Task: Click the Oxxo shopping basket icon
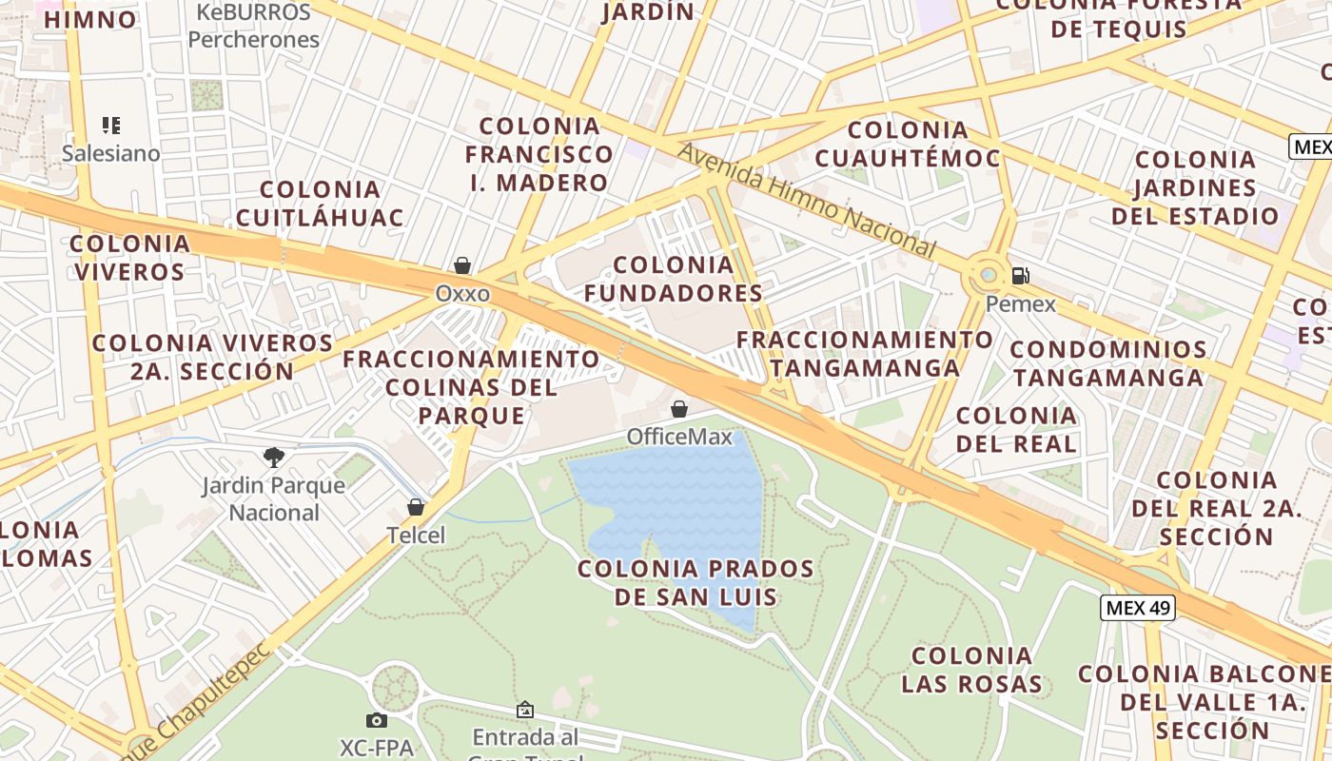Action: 462,265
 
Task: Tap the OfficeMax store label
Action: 679,437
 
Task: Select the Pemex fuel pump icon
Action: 1020,277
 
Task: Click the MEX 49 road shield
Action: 1138,608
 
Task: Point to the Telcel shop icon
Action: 416,507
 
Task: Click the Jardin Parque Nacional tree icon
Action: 274,458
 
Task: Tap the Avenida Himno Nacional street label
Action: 807,200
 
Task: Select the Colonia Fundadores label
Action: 674,279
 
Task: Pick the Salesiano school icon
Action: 111,126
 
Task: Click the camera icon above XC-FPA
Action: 377,721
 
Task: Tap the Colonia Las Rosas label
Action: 971,670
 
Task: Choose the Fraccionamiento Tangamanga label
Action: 865,353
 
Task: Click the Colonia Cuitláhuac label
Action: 320,204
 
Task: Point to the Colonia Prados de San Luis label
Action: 695,583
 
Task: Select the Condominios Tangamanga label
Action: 1108,363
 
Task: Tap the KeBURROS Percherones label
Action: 253,27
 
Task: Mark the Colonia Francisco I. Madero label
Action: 539,154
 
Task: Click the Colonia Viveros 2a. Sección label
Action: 212,357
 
